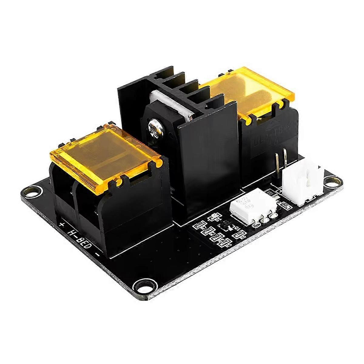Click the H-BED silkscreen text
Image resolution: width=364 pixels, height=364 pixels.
point(80,238)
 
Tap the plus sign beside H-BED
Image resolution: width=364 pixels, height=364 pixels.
point(62,225)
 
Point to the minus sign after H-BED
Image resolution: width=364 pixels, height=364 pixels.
point(97,254)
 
